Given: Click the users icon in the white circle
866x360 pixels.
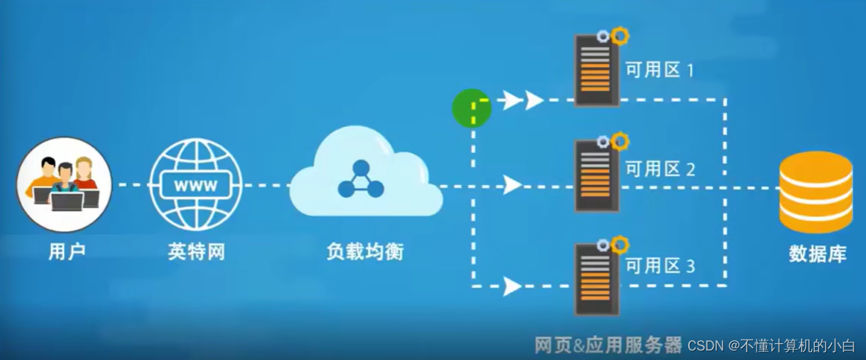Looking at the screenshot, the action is [64, 184].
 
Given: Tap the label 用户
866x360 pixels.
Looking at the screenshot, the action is [67, 252].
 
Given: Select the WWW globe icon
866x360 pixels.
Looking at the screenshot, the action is [195, 185].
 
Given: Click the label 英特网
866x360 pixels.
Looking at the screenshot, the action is [196, 252].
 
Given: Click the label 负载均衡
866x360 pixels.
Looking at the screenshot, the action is [364, 252].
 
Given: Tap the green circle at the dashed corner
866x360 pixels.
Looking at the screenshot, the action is [471, 108].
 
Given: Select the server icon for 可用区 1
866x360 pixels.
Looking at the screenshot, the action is [597, 73].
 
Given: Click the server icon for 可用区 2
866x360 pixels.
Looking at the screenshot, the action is [597, 175].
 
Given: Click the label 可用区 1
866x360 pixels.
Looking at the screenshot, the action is [660, 71].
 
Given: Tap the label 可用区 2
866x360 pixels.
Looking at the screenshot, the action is [660, 169].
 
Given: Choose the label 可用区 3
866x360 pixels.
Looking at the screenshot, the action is [660, 266].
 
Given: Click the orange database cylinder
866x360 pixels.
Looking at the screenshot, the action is [816, 191].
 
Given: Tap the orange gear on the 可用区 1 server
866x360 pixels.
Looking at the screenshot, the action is [620, 35].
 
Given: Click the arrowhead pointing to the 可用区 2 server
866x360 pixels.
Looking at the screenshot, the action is [513, 185].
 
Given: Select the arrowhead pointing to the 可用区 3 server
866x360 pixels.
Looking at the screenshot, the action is [513, 286].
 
